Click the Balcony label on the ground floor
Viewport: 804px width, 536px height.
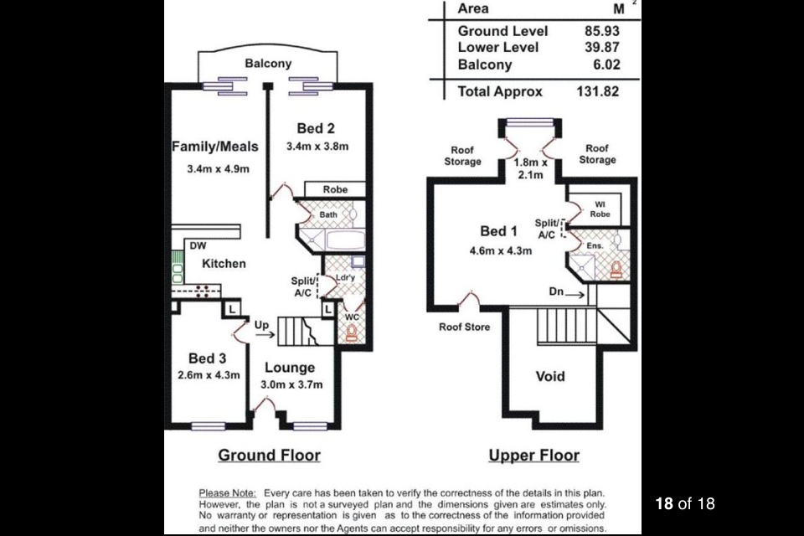[x=268, y=64]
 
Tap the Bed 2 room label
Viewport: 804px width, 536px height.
[x=316, y=128]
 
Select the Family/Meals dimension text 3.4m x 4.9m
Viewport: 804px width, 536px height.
[x=218, y=168]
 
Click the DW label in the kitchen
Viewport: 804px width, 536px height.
[x=198, y=245]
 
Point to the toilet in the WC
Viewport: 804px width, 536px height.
[x=351, y=333]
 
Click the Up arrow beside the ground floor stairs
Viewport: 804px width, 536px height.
[x=265, y=335]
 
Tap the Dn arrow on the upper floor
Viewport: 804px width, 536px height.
[x=575, y=295]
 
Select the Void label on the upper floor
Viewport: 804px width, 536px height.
[x=550, y=377]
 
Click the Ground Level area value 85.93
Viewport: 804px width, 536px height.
[x=602, y=31]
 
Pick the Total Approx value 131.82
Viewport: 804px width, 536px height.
[x=598, y=91]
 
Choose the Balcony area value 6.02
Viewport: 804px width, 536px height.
[x=606, y=64]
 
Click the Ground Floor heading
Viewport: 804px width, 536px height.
[x=269, y=456]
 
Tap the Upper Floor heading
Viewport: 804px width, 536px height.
[x=533, y=456]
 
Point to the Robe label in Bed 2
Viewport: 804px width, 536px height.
[x=335, y=189]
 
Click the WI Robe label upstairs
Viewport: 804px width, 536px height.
[x=600, y=209]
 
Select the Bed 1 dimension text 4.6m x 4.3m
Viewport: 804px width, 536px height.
[x=501, y=250]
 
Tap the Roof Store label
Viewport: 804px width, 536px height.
[x=464, y=327]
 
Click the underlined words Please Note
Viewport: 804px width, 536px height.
[x=227, y=493]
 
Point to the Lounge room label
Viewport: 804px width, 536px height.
[x=290, y=368]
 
